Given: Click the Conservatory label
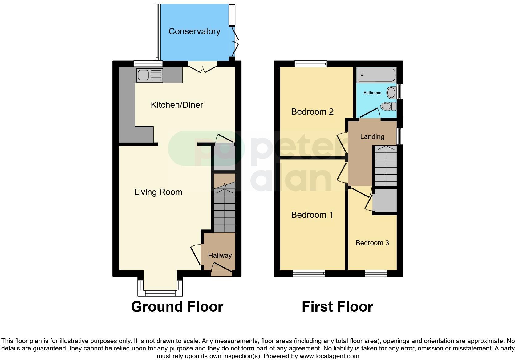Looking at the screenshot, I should pyautogui.click(x=194, y=31).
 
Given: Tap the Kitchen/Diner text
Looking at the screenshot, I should pyautogui.click(x=177, y=105).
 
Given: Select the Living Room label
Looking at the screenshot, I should pyautogui.click(x=158, y=192).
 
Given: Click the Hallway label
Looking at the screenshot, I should pyautogui.click(x=220, y=255).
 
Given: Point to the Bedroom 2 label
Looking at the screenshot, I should pyautogui.click(x=312, y=111).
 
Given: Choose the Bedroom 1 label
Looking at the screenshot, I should pyautogui.click(x=312, y=215).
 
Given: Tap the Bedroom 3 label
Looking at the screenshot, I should pyautogui.click(x=372, y=243).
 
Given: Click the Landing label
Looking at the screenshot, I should pyautogui.click(x=372, y=136).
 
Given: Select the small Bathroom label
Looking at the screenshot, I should pyautogui.click(x=372, y=93).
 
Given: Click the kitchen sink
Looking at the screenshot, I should pyautogui.click(x=150, y=75).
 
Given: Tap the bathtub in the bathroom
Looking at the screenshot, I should pyautogui.click(x=376, y=75).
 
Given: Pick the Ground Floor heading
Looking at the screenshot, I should pyautogui.click(x=177, y=307).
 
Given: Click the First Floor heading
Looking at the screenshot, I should pyautogui.click(x=337, y=307).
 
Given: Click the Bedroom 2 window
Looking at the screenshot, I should pyautogui.click(x=310, y=64).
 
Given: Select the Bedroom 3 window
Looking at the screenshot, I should pyautogui.click(x=375, y=273).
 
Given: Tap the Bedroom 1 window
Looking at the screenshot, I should pyautogui.click(x=309, y=273).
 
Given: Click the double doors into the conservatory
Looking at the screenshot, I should pyautogui.click(x=203, y=67).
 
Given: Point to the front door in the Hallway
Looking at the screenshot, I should pyautogui.click(x=221, y=269).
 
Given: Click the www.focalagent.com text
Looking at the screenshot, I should pyautogui.click(x=329, y=356).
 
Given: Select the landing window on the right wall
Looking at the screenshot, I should pyautogui.click(x=399, y=136).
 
